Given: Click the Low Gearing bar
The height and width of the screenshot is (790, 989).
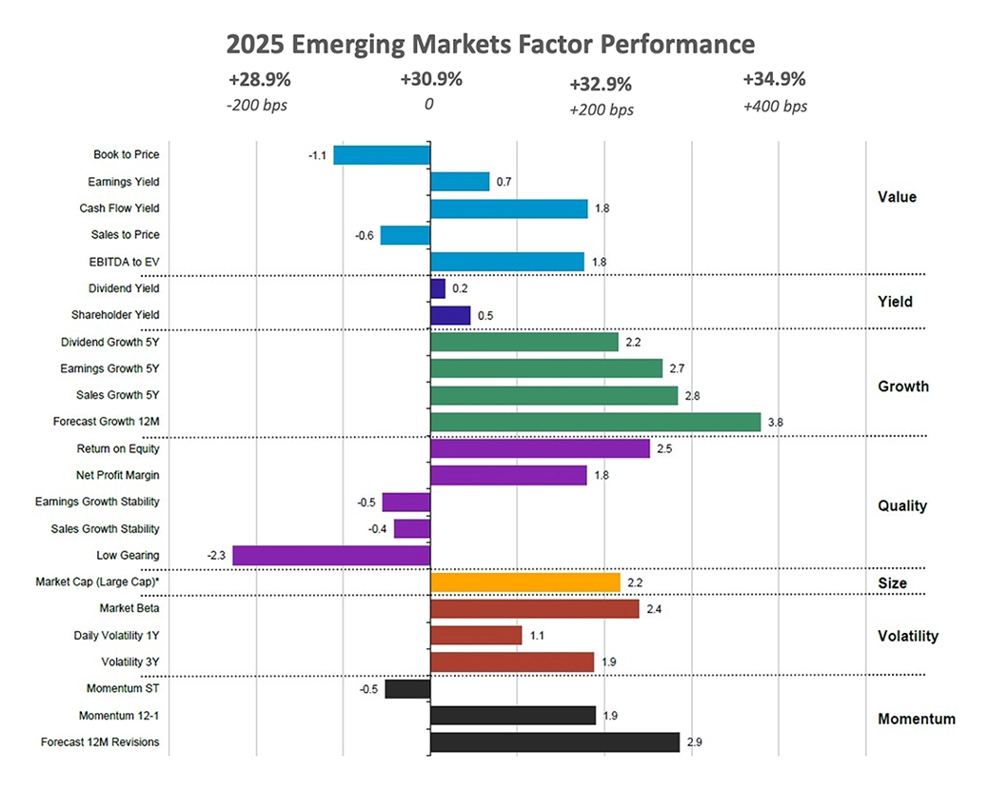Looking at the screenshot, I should [331, 555].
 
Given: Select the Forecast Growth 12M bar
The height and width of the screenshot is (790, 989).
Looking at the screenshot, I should [596, 422].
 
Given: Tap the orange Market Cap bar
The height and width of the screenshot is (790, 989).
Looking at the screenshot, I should [525, 582].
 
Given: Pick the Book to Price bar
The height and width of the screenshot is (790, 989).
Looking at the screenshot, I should [382, 154].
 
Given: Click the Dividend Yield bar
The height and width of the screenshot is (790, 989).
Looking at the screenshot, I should [438, 287].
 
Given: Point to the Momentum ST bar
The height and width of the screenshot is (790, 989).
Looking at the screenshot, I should [407, 688].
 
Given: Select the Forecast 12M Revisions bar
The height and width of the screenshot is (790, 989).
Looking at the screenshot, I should [555, 741].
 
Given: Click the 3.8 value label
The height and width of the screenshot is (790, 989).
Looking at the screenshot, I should [776, 422].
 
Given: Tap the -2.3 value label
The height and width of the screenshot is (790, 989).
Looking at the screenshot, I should [216, 555].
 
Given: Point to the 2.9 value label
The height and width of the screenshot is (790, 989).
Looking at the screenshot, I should [694, 741].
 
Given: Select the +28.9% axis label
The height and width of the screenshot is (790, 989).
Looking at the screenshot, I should [257, 80].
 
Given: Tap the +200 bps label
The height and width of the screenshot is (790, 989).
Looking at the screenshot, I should [602, 109].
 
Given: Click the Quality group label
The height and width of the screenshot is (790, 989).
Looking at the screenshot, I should [902, 505].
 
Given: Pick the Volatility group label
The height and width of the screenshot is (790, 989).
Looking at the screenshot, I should [908, 636].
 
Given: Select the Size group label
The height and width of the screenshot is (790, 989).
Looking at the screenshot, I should [892, 583].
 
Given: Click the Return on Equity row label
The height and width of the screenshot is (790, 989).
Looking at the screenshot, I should [118, 448].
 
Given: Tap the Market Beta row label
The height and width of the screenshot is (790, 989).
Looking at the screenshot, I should [129, 608].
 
